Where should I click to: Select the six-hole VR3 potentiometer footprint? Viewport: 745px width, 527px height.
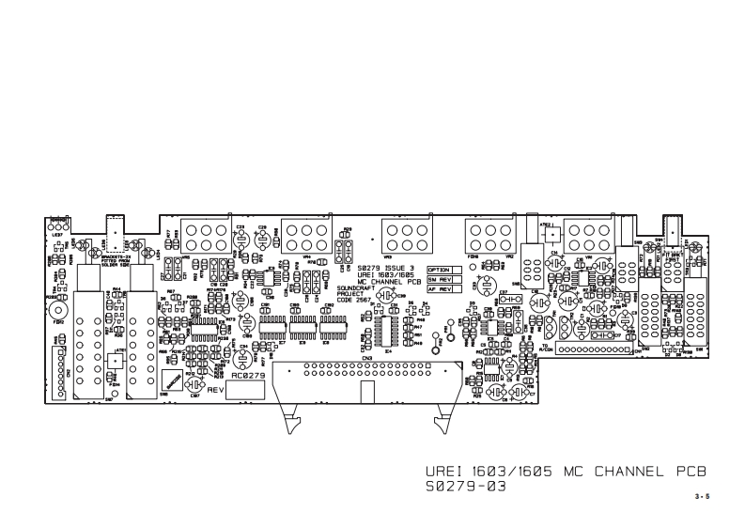tap(403, 232)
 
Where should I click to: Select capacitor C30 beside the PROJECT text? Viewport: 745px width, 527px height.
tap(385, 295)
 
